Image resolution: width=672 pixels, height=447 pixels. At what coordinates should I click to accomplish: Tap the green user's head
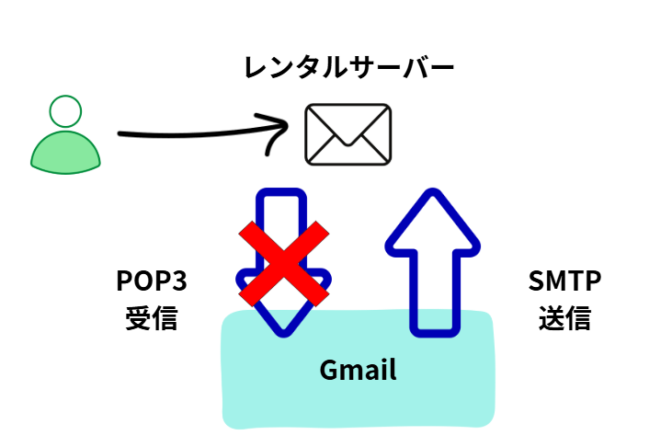(64, 113)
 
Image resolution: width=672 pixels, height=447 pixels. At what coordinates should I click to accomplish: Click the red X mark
(285, 263)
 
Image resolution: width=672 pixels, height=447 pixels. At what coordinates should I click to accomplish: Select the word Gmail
(358, 370)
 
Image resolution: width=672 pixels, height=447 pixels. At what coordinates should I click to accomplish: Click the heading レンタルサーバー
(348, 66)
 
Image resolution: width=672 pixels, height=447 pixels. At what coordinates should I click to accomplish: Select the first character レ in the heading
(255, 67)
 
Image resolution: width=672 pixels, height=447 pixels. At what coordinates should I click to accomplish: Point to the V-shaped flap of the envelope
(347, 129)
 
